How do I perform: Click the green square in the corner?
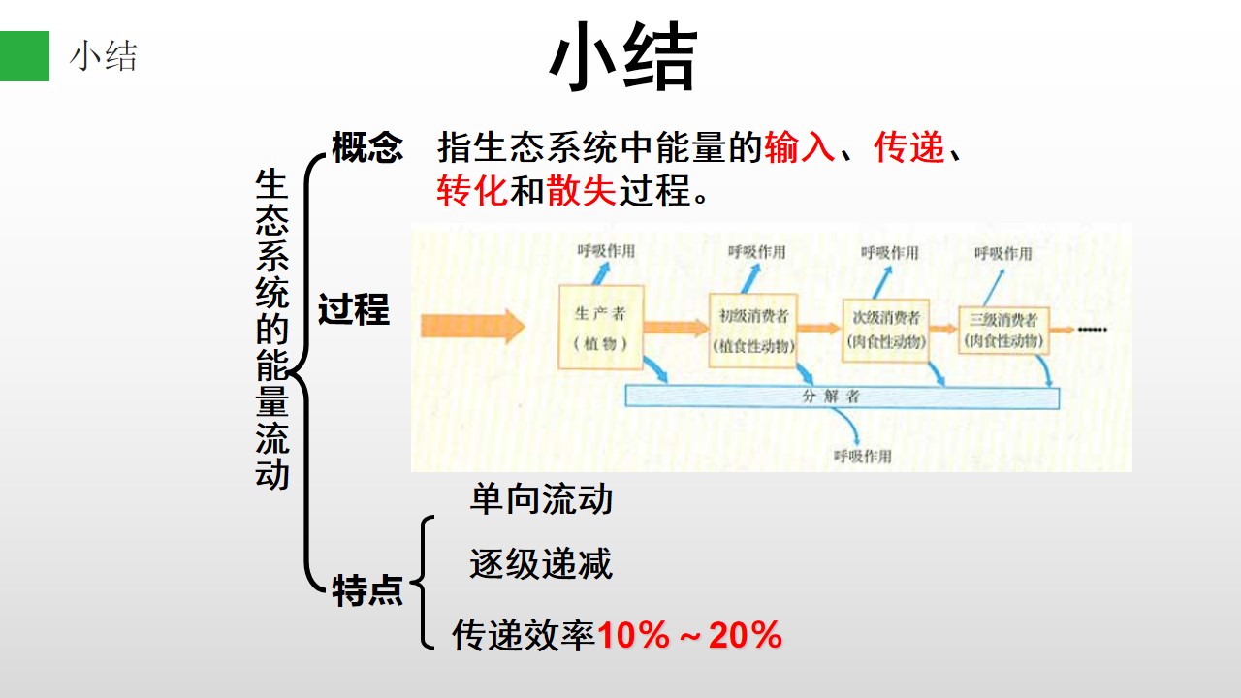point(24,56)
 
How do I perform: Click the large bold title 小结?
point(623,56)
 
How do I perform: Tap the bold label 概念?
point(367,148)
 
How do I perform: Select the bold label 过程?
point(354,309)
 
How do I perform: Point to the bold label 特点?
point(367,590)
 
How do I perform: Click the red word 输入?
point(800,147)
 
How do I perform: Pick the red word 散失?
point(581,191)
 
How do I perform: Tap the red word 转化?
point(472,191)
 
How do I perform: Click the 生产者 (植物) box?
point(601,327)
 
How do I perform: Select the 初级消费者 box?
point(753,331)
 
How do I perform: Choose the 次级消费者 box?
point(886,331)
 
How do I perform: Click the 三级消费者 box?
point(1003,331)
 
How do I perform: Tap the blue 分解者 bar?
point(843,397)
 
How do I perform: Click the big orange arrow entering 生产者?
point(472,326)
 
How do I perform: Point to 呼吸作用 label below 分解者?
point(863,457)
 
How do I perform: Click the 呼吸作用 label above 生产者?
point(606,251)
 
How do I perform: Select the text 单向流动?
point(541,499)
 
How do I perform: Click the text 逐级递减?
point(541,564)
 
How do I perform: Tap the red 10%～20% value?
point(689,635)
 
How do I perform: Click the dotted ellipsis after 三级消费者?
point(1092,330)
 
